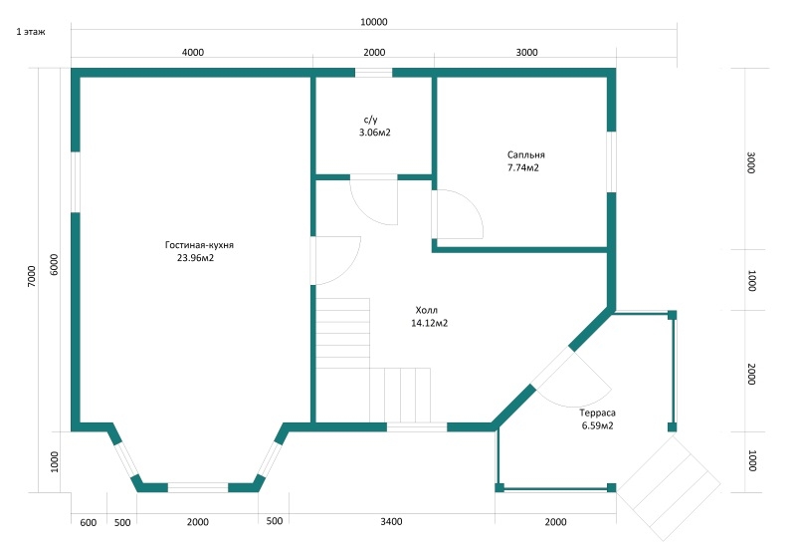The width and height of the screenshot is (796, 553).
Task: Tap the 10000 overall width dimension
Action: tap(374, 22)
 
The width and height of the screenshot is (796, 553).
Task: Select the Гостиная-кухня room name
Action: tap(199, 244)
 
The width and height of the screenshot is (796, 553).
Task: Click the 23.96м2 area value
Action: tap(195, 258)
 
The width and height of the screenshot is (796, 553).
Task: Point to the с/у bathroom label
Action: tap(370, 119)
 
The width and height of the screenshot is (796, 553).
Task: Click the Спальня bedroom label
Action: tap(525, 155)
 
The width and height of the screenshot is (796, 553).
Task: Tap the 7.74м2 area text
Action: tap(522, 168)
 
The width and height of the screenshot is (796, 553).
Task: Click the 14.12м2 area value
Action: tap(429, 323)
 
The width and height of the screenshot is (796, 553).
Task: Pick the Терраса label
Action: tap(597, 413)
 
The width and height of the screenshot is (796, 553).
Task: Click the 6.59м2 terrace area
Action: tap(597, 425)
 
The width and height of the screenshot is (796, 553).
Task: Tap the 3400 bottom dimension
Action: tap(391, 521)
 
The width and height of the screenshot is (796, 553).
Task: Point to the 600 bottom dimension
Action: tap(88, 521)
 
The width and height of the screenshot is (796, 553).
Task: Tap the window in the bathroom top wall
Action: tap(374, 72)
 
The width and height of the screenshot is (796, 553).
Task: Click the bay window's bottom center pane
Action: tap(198, 487)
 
